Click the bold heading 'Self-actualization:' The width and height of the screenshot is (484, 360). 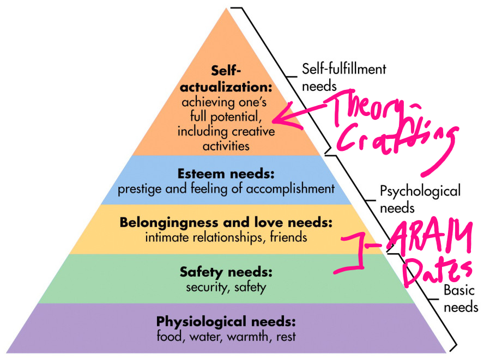click(x=226, y=80)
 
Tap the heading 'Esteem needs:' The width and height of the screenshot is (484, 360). click(x=226, y=174)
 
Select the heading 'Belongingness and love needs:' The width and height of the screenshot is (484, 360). click(x=226, y=222)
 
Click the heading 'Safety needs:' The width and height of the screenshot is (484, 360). click(x=226, y=271)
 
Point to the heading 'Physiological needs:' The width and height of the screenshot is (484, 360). click(x=226, y=320)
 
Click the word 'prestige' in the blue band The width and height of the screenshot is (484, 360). click(x=138, y=190)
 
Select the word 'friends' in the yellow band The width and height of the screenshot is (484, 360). click(x=289, y=237)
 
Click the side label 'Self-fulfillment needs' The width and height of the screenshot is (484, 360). click(x=343, y=77)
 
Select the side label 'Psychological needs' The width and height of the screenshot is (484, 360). click(x=420, y=199)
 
